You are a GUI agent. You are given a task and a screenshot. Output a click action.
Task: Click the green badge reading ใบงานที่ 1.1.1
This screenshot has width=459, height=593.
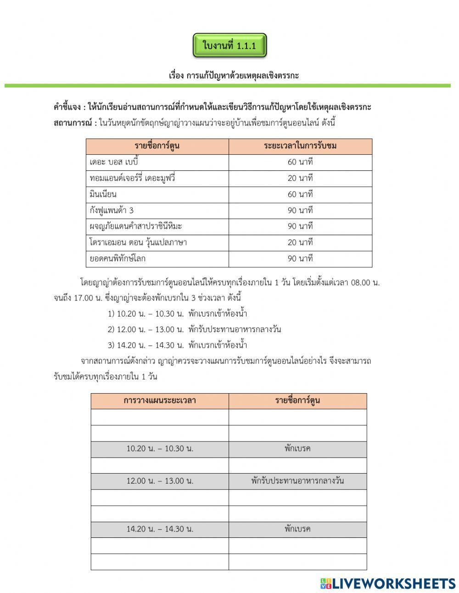click(229, 45)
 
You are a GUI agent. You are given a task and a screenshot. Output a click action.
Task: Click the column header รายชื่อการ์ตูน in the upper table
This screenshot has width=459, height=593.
click(157, 146)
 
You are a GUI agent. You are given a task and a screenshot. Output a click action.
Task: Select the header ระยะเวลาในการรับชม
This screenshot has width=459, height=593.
click(300, 146)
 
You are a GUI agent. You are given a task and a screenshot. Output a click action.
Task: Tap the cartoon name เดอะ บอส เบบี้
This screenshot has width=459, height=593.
click(114, 162)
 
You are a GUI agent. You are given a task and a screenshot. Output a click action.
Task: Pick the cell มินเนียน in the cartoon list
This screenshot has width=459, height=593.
click(103, 194)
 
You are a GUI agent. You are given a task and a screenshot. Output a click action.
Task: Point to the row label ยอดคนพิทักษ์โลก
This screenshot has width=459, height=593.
click(118, 259)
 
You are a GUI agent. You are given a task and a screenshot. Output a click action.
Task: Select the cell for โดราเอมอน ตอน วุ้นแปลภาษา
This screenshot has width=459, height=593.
click(138, 243)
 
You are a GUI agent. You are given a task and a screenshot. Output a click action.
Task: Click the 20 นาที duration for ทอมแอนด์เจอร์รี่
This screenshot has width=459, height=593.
click(300, 178)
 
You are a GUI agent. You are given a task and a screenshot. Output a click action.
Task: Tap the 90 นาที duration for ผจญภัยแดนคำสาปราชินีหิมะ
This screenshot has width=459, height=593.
click(300, 226)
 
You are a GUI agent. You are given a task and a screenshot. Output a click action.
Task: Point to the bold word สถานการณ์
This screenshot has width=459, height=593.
click(73, 123)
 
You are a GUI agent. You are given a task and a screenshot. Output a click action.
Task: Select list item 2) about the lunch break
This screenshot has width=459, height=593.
click(194, 329)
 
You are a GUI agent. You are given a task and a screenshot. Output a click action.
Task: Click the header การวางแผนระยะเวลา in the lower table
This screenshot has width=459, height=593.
click(160, 401)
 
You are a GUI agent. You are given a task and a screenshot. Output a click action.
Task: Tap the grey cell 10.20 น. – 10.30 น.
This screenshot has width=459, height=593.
click(160, 449)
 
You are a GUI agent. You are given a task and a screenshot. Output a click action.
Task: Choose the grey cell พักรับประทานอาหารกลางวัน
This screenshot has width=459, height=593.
click(297, 481)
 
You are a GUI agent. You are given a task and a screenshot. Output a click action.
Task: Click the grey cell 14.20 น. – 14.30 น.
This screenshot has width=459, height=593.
click(160, 529)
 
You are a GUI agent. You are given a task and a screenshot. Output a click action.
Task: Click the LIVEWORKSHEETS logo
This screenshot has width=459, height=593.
click(387, 583)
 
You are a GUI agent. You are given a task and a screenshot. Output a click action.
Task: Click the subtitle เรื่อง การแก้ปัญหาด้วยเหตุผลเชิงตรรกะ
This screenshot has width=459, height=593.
click(234, 75)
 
